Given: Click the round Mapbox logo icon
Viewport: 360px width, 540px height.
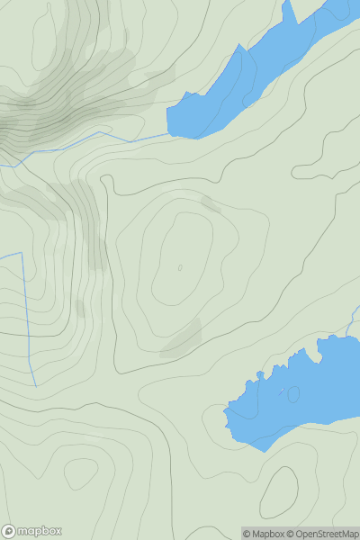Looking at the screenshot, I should coord(10,531).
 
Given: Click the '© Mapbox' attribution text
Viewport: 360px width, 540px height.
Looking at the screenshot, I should coord(265,534).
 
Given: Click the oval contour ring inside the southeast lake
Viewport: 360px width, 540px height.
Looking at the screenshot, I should coord(293,393).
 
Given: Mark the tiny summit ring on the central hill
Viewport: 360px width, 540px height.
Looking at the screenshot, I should coord(180,267).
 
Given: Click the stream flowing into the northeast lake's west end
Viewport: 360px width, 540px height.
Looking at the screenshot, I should coord(135,139).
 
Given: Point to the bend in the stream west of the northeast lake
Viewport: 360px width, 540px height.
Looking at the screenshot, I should coord(98,131).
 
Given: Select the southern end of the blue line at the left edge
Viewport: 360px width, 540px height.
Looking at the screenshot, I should coord(36,385).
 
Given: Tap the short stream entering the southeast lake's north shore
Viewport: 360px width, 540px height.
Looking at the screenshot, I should coord(356,319).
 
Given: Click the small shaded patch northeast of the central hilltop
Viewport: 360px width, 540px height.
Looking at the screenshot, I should coord(210,205).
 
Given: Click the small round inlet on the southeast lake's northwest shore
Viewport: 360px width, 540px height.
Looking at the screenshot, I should coord(261,375).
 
